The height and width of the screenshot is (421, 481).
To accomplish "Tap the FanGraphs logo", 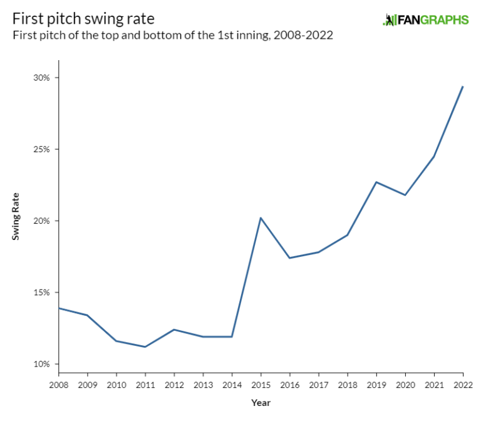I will [x=425, y=20].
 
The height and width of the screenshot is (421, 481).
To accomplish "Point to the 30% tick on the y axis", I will [x=42, y=78].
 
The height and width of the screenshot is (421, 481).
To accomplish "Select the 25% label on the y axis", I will [x=42, y=149].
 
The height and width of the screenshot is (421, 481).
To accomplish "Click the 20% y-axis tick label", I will [x=42, y=221].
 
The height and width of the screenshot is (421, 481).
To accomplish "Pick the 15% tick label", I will [x=42, y=293].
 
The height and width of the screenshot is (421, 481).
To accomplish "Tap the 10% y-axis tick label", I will [x=42, y=364].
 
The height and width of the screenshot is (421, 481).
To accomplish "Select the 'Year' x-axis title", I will [x=261, y=403].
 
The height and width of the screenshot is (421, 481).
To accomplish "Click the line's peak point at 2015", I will [x=261, y=218].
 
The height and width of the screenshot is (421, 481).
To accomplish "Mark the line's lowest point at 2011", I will [x=145, y=346].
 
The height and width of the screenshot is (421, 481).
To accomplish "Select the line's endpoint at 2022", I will [x=463, y=86].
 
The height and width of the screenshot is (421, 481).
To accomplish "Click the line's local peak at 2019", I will [x=376, y=182].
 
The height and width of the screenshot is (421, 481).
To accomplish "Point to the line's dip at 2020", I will [x=405, y=195].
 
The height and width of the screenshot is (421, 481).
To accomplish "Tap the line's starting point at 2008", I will [x=58, y=308].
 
